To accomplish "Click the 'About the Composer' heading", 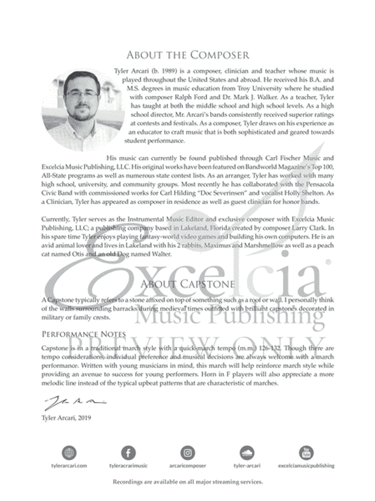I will pyautogui.click(x=188, y=55).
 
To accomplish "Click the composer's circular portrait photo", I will pyautogui.click(x=82, y=110).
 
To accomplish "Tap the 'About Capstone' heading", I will pyautogui.click(x=188, y=284).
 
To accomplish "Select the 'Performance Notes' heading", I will pyautogui.click(x=84, y=334).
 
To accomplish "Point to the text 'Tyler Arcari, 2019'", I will pyautogui.click(x=66, y=417).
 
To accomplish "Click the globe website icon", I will pyautogui.click(x=69, y=453).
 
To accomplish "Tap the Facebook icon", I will pyautogui.click(x=128, y=453).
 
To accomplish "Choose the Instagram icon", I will pyautogui.click(x=188, y=453).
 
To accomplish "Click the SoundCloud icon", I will pyautogui.click(x=247, y=453).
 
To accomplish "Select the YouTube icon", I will pyautogui.click(x=306, y=453).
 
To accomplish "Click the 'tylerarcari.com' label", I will pyautogui.click(x=69, y=466).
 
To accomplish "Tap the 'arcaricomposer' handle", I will pyautogui.click(x=188, y=466).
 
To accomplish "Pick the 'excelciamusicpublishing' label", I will pyautogui.click(x=306, y=466).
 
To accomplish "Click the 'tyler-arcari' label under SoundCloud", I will pyautogui.click(x=247, y=466).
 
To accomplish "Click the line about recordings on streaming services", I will pyautogui.click(x=188, y=482).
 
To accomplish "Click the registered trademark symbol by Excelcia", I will pyautogui.click(x=328, y=262).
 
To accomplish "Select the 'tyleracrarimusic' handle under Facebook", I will pyautogui.click(x=128, y=466).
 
